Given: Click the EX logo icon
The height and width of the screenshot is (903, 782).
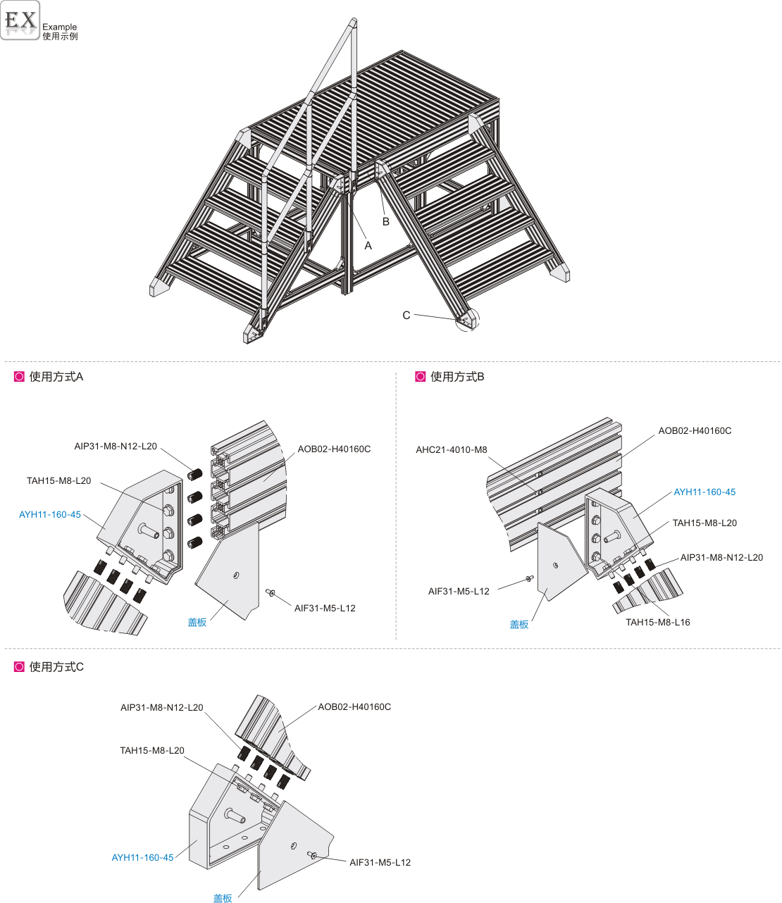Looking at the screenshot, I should tap(20, 20).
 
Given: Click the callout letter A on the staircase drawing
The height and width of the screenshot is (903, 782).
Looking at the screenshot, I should tap(368, 246).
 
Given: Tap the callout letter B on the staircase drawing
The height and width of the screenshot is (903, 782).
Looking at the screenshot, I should tap(385, 222).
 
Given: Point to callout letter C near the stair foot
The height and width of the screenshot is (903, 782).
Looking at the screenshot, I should tap(406, 316).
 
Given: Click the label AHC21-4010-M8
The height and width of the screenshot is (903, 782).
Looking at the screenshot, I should tap(451, 449).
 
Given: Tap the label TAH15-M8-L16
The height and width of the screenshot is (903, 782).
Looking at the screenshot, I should tap(657, 622).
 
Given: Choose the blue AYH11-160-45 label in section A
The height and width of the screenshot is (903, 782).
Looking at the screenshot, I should tap(50, 515).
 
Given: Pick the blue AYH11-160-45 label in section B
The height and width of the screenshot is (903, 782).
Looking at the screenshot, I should tap(705, 492).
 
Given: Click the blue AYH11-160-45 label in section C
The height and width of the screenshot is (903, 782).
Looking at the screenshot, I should tap(142, 858).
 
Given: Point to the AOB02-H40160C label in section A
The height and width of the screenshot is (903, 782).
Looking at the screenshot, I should tap(334, 449).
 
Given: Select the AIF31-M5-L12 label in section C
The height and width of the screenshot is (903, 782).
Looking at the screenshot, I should tap(380, 862).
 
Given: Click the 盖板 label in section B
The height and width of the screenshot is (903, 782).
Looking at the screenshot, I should tap(519, 625).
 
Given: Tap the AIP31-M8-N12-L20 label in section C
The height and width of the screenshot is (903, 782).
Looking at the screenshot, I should tap(161, 707).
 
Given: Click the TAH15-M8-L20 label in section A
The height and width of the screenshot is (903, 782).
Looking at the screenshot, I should tap(58, 480).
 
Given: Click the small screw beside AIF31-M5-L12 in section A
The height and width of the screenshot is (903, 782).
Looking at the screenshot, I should tap(271, 592).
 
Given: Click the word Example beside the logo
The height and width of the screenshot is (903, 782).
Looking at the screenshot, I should tap(59, 27).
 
